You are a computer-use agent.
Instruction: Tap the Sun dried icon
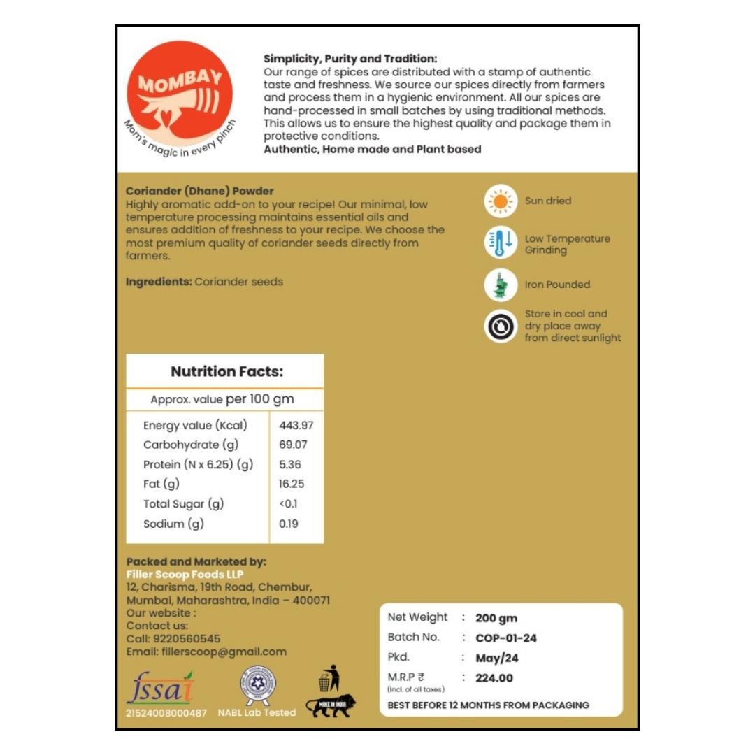pyautogui.click(x=501, y=201)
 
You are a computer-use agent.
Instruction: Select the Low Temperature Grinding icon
pyautogui.click(x=501, y=243)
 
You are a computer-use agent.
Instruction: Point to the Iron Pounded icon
pyautogui.click(x=501, y=285)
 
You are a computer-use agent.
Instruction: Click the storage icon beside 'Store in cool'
pyautogui.click(x=501, y=326)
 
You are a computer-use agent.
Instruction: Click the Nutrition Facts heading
pyautogui.click(x=226, y=372)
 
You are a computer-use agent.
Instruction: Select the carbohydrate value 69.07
pyautogui.click(x=293, y=445)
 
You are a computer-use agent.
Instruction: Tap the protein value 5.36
pyautogui.click(x=289, y=464)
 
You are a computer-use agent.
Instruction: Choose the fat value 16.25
pyautogui.click(x=292, y=484)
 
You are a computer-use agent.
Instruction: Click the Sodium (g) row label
pyautogui.click(x=173, y=524)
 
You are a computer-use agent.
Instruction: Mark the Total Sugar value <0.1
pyautogui.click(x=288, y=504)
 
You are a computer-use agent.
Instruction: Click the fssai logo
pyautogui.click(x=160, y=689)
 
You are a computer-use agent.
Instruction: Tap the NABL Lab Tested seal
pyautogui.click(x=257, y=685)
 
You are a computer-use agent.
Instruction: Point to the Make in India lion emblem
pyautogui.click(x=331, y=705)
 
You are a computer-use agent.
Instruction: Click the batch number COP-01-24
pyautogui.click(x=506, y=638)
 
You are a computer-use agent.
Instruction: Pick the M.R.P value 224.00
pyautogui.click(x=494, y=678)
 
